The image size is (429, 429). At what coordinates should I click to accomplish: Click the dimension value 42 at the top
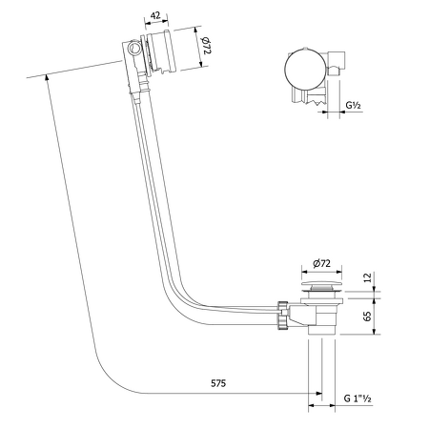click(x=153, y=15)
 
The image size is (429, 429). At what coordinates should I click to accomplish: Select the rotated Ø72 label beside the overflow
click(x=205, y=44)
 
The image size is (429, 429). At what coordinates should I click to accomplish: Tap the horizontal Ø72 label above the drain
click(x=320, y=262)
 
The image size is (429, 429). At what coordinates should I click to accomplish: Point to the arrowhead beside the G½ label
click(x=327, y=112)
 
